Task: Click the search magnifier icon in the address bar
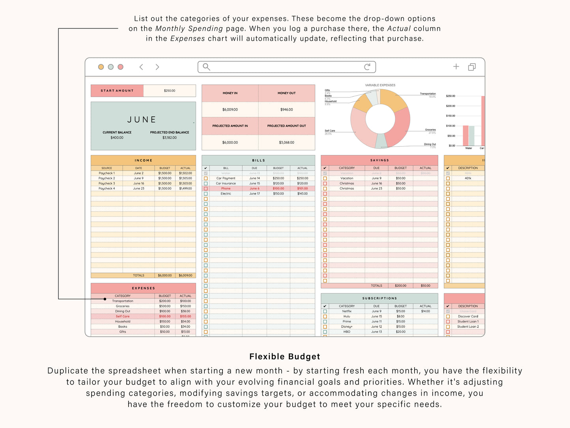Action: click(206, 67)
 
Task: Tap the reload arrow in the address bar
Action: click(367, 67)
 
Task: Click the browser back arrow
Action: click(141, 67)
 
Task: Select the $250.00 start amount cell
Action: click(170, 91)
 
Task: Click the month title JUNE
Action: click(142, 120)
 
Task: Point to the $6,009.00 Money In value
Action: click(230, 110)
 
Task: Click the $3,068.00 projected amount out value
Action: click(287, 143)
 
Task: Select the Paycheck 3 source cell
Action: click(107, 184)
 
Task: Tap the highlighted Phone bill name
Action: click(226, 189)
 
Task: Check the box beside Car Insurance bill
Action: click(206, 184)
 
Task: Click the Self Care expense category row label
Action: click(123, 317)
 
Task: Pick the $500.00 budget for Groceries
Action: click(165, 306)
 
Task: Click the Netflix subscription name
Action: click(347, 312)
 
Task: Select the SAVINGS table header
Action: click(379, 160)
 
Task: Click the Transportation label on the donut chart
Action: click(428, 94)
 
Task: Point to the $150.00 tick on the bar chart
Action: click(450, 116)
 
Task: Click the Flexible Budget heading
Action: click(285, 357)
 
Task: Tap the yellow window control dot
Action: click(101, 67)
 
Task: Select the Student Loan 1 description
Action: click(468, 322)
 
